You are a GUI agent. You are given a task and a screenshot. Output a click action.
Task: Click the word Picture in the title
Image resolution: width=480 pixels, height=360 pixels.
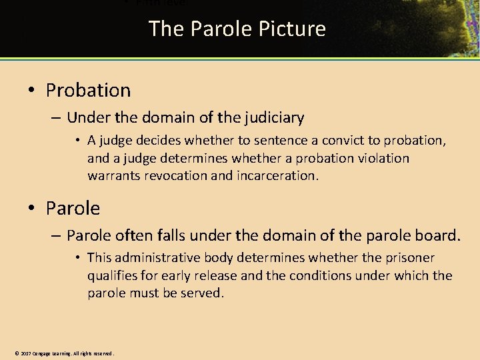[x=295, y=29]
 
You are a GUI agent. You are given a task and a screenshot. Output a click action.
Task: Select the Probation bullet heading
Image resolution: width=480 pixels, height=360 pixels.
[x=88, y=90]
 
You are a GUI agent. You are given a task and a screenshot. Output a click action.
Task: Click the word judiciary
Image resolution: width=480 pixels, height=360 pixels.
[x=272, y=118]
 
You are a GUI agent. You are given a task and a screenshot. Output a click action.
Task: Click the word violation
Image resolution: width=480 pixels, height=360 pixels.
[x=383, y=158]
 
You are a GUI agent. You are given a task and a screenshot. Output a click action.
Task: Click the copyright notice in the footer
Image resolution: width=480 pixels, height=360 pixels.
[x=64, y=353]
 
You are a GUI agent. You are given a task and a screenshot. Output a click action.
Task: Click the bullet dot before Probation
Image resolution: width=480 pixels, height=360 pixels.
[x=33, y=91]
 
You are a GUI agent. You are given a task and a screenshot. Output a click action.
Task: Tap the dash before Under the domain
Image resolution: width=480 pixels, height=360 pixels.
[x=55, y=119]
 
